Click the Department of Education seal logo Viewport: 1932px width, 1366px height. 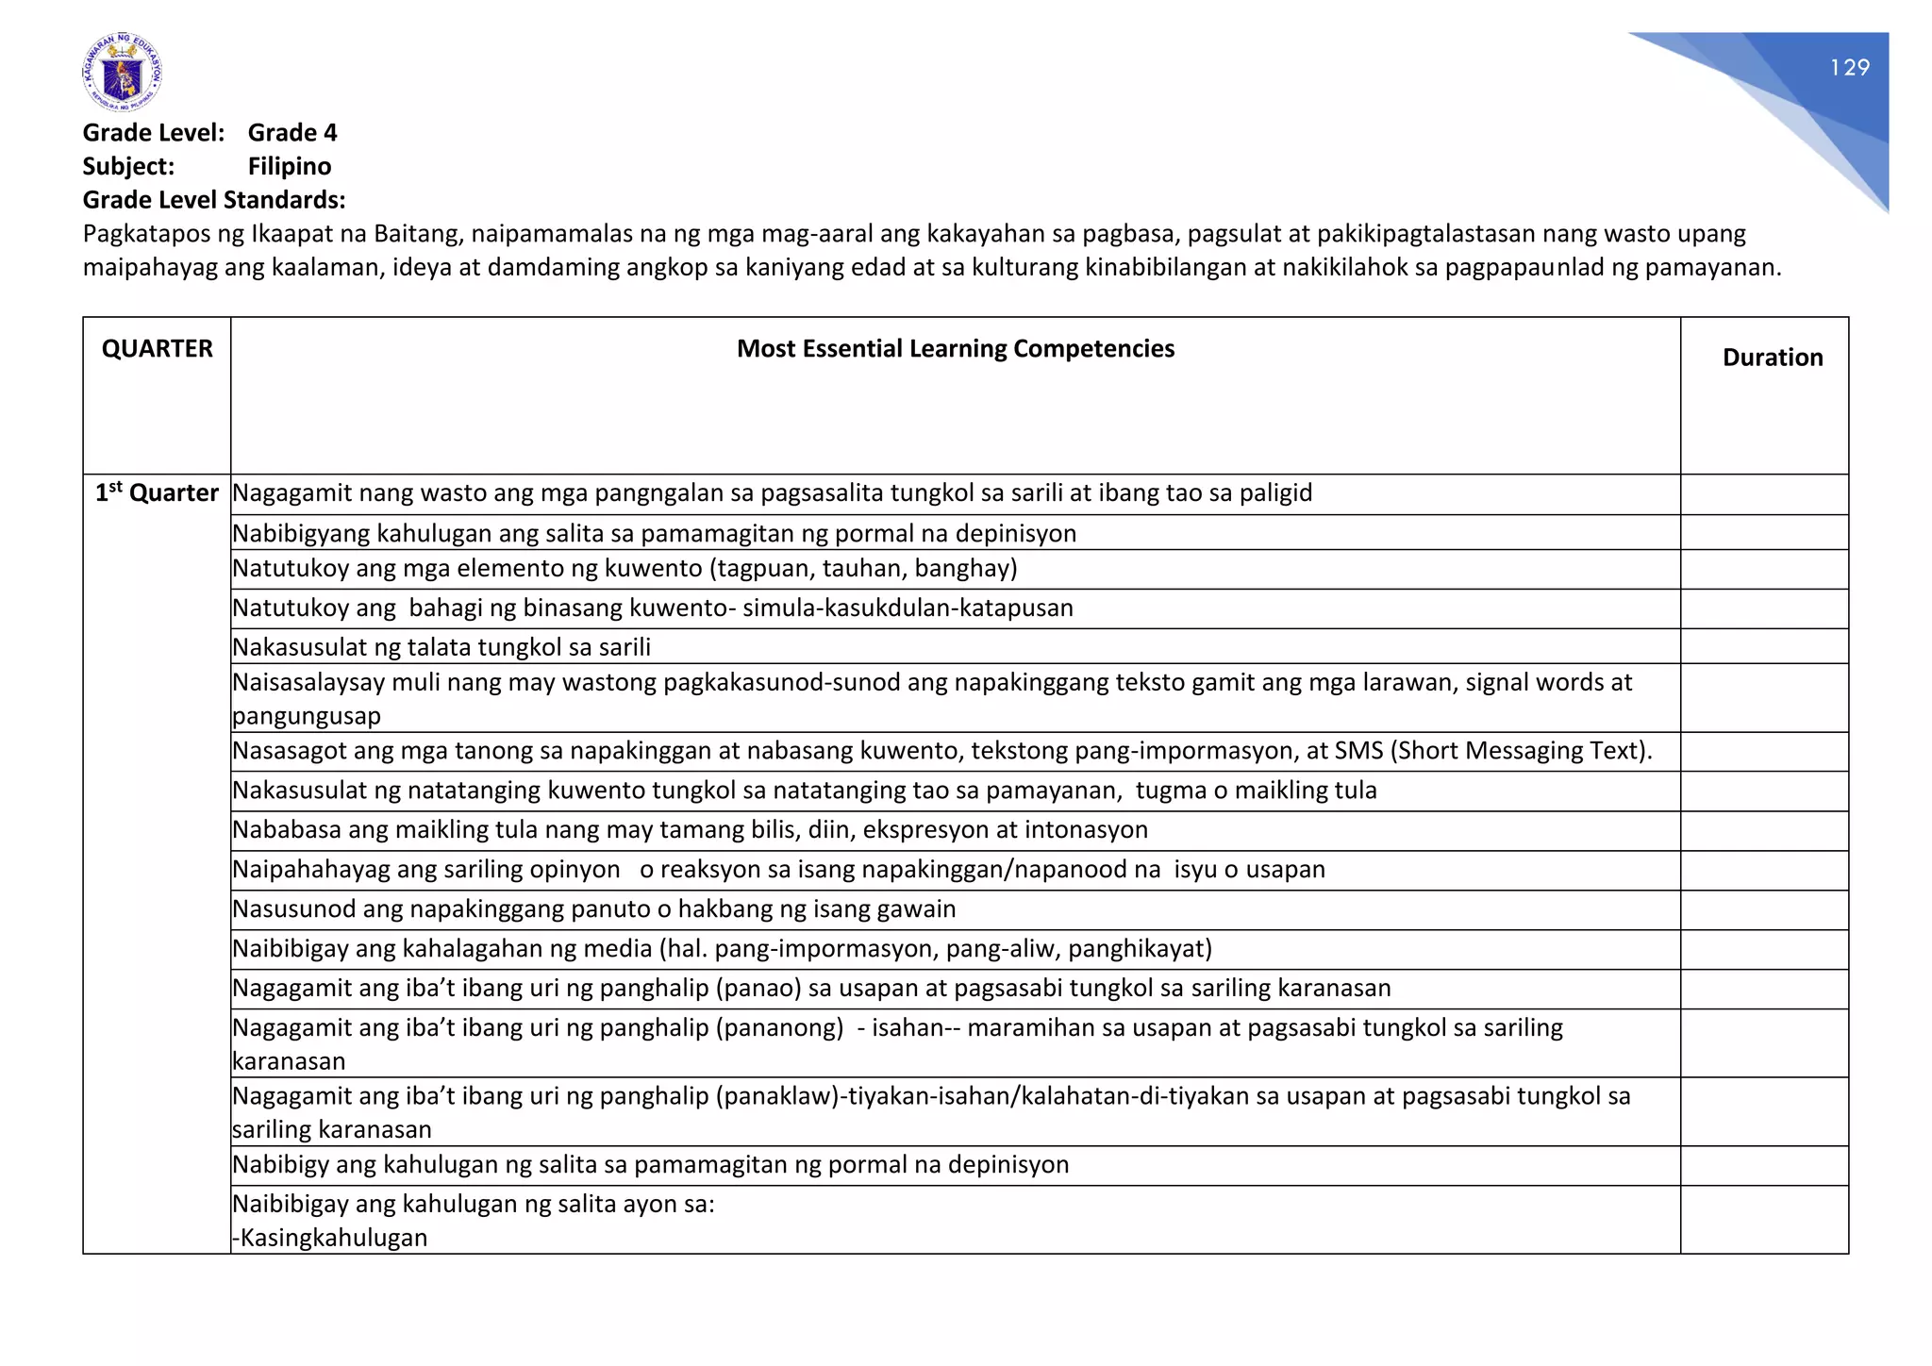click(x=122, y=73)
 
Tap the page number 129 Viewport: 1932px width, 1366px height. click(x=1849, y=68)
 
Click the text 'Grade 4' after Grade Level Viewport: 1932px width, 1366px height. click(x=291, y=133)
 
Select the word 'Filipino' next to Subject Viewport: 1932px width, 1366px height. click(x=290, y=167)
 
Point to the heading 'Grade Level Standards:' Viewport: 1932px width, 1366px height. click(x=214, y=200)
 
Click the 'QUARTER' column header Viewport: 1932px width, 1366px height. click(x=158, y=349)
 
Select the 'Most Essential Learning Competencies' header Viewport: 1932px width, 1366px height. click(x=955, y=349)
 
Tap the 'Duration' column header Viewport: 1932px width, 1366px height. click(x=1772, y=358)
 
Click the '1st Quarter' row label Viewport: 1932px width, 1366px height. click(x=157, y=493)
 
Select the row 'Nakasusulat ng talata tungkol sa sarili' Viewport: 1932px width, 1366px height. click(x=441, y=647)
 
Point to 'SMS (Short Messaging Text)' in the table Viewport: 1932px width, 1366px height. click(x=1492, y=751)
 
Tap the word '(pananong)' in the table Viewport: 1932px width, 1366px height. click(x=779, y=1028)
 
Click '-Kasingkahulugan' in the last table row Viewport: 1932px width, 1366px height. click(x=330, y=1239)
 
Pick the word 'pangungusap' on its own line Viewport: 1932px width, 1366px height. click(x=307, y=716)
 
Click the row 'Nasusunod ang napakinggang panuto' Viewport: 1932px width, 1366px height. click(x=593, y=909)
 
